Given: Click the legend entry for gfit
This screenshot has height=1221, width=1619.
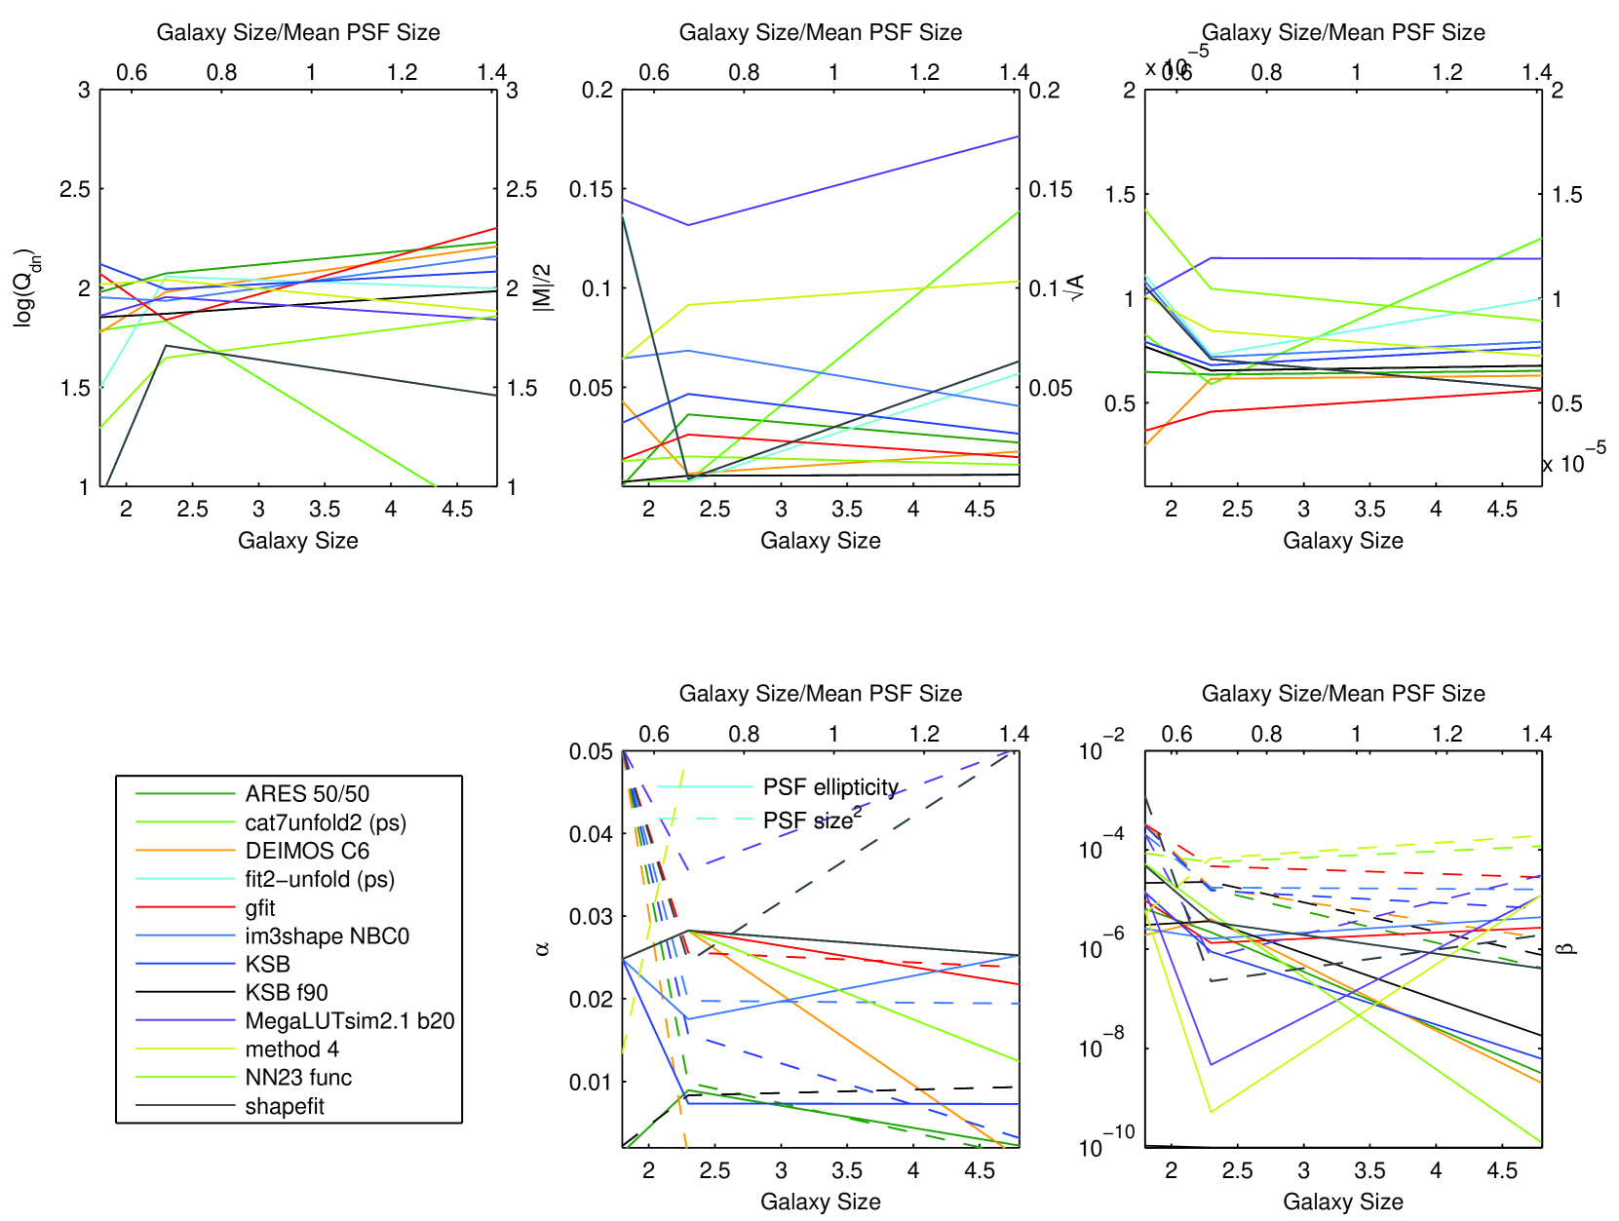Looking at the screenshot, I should (260, 908).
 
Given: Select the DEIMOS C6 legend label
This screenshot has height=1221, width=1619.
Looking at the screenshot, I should (307, 852).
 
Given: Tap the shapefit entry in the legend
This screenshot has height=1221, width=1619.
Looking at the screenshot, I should (285, 1107).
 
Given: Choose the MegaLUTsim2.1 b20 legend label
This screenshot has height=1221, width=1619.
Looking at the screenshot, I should (350, 1021).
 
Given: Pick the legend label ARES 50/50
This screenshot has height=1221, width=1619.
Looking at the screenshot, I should (307, 794).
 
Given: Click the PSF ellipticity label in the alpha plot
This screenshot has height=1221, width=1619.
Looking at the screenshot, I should (830, 787).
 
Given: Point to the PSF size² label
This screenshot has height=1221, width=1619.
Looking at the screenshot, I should (812, 820).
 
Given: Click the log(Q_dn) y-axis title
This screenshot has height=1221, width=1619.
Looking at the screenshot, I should (23, 286).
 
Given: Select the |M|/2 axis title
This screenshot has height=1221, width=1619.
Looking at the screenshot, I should (542, 287).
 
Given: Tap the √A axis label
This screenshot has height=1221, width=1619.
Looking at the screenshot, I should (1076, 287).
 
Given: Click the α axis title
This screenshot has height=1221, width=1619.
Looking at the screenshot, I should (542, 948).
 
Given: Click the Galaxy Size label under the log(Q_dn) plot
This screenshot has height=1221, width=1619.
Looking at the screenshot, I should (298, 541).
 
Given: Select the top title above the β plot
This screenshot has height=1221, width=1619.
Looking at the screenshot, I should (1343, 694).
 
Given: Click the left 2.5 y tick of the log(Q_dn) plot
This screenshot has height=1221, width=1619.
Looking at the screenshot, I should (75, 189).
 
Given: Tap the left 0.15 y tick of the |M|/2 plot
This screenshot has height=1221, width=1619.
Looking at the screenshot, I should (592, 189).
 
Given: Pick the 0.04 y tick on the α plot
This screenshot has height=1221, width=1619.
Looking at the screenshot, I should (592, 834).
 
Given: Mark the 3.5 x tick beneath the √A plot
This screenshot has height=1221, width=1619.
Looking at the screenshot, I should (1369, 509).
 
